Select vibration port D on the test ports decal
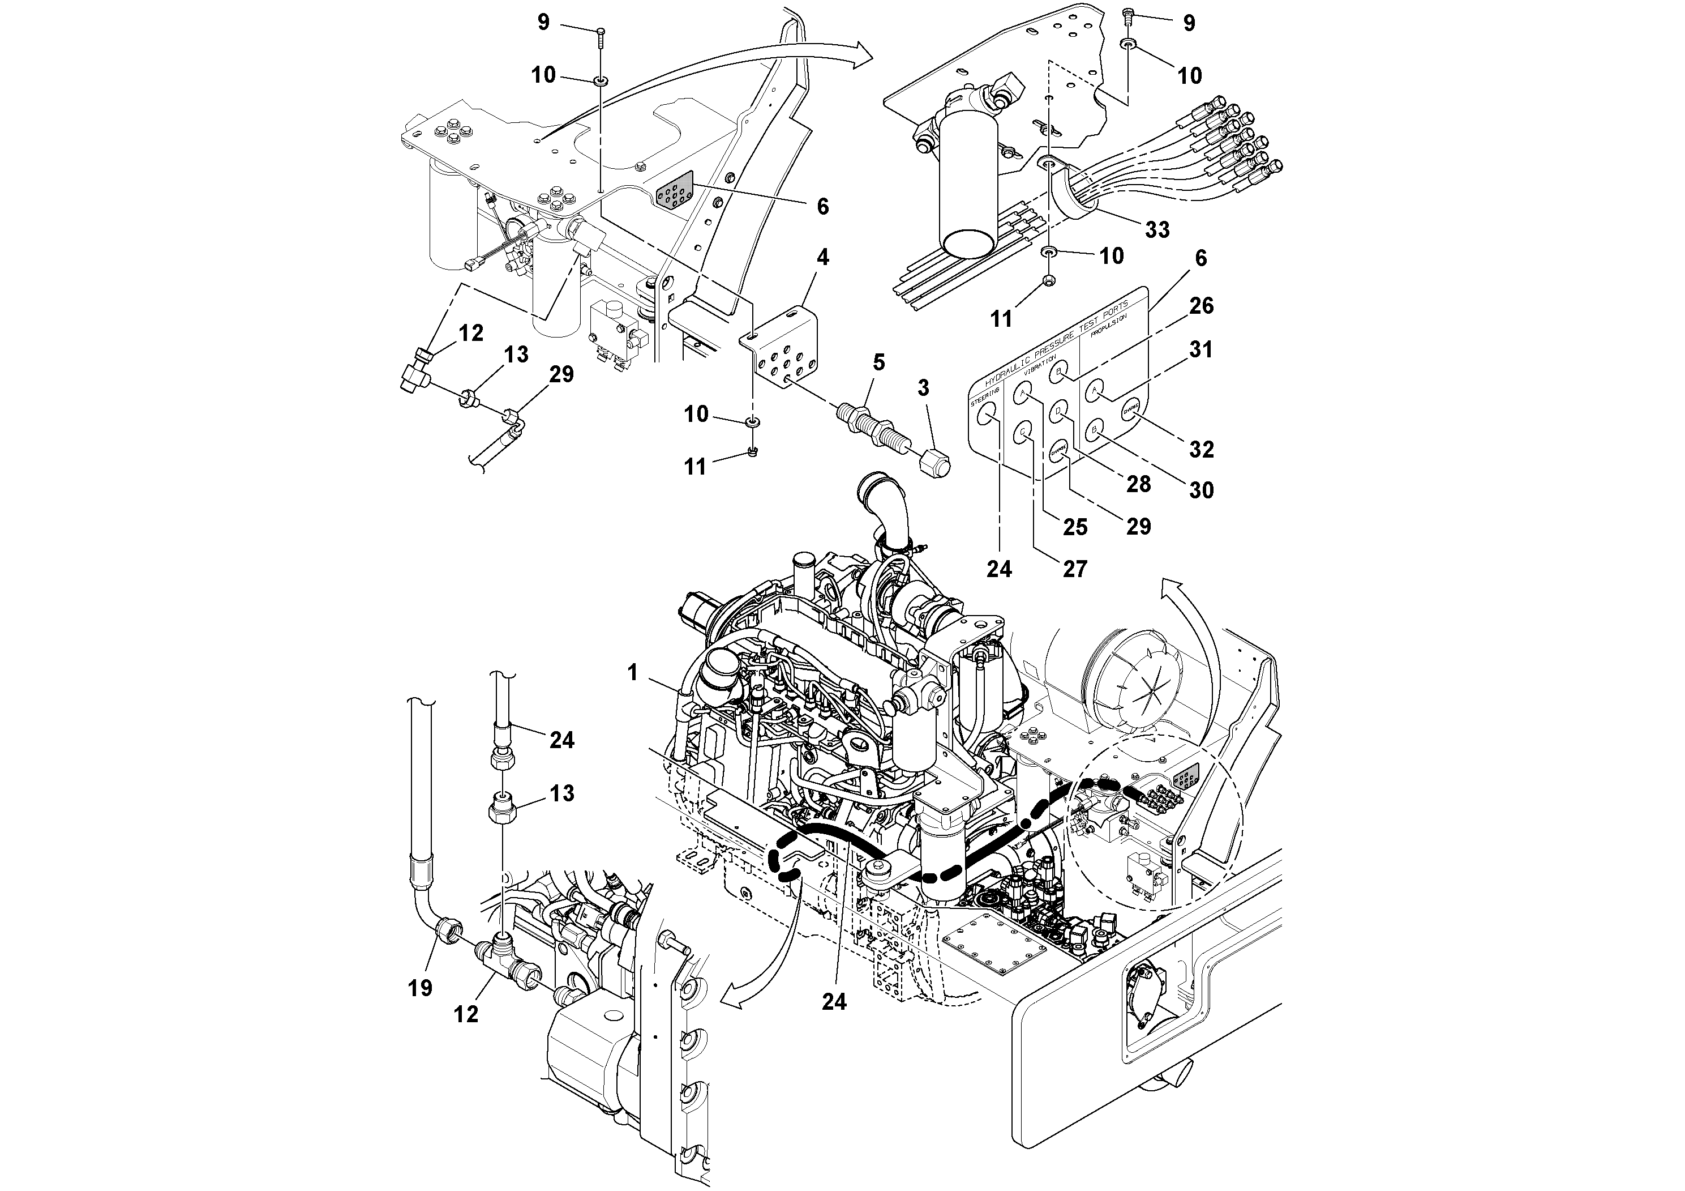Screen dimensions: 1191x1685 click(x=1058, y=412)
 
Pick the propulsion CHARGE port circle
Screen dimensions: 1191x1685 click(x=1129, y=411)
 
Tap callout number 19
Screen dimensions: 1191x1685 click(x=420, y=988)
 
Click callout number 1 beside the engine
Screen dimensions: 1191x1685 click(x=633, y=672)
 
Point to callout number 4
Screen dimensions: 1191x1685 click(x=822, y=257)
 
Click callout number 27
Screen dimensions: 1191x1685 click(x=1074, y=569)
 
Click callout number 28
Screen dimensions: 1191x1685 click(x=1138, y=484)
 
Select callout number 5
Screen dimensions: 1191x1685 click(x=878, y=362)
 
